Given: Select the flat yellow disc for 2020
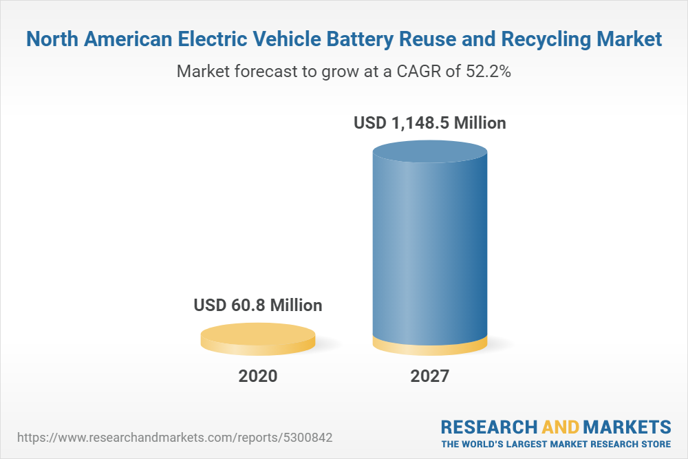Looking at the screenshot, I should coord(258,338).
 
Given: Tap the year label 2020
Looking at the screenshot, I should coord(258,376).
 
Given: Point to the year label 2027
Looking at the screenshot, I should coord(429,376).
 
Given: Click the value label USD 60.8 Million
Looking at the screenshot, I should coord(258,305).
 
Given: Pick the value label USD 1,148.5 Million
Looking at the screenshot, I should coord(429,123).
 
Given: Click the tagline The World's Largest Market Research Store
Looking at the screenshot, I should coord(556,443).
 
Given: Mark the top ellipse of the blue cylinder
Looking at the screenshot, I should coord(429,153).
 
